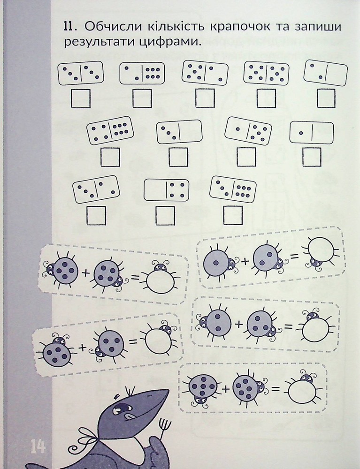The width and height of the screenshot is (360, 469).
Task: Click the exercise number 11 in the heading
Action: tap(68, 27)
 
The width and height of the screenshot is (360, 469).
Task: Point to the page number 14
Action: tap(38, 447)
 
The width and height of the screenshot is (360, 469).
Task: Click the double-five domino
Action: tap(266, 73)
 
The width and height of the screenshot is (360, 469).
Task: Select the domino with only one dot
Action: tap(312, 132)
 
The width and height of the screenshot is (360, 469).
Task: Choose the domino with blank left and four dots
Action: tap(166, 190)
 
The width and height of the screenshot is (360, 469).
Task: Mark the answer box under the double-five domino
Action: tap(266, 98)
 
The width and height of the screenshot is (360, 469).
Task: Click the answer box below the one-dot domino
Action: tap(312, 157)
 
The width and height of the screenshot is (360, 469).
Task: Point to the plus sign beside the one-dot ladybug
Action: tap(245, 261)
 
